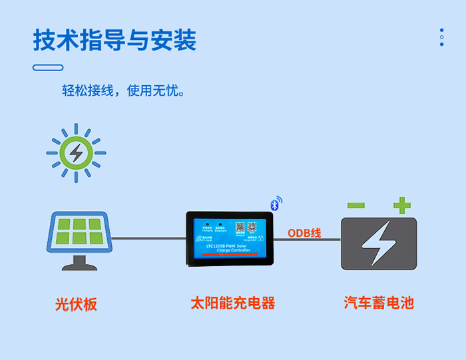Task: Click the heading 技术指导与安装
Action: [x=115, y=40]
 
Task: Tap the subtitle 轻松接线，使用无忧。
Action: [x=123, y=91]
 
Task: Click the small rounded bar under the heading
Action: [x=48, y=67]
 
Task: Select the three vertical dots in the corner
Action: [x=441, y=37]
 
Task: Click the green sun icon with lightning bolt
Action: [x=76, y=154]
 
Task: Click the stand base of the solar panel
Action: [x=79, y=264]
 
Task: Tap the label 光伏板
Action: [x=76, y=304]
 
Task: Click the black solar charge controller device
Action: [x=230, y=238]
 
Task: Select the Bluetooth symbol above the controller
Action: [x=276, y=203]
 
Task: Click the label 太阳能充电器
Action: [x=232, y=303]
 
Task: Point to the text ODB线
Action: [x=304, y=233]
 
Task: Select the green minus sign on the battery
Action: [x=355, y=206]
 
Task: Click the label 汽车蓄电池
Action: [x=379, y=303]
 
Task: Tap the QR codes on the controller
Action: [x=246, y=228]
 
